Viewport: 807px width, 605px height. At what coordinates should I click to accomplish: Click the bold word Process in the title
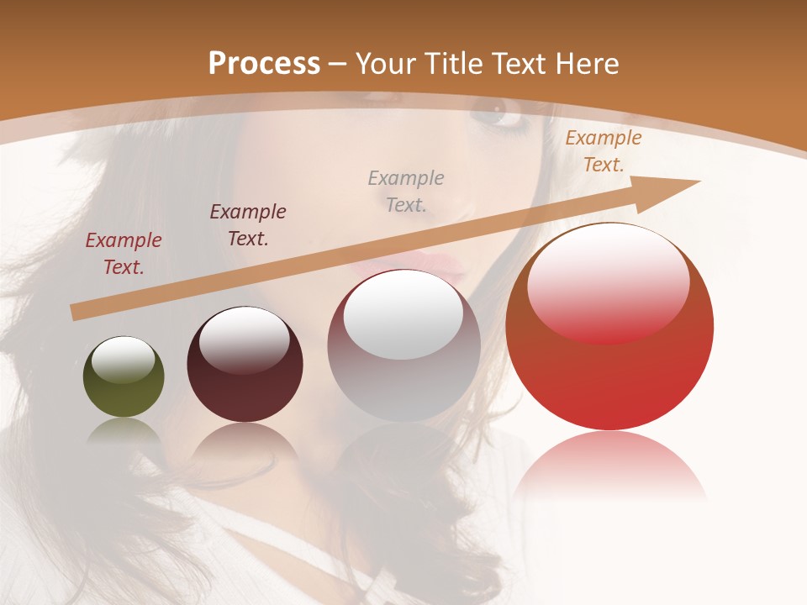(x=264, y=63)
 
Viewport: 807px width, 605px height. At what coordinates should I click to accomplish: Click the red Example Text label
(x=124, y=254)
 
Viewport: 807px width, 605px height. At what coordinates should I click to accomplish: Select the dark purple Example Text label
(x=248, y=225)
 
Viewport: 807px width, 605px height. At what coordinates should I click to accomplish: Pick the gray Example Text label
(x=406, y=192)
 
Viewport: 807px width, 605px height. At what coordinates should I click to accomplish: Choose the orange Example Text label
(x=603, y=151)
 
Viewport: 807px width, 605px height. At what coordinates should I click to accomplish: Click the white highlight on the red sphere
(x=608, y=281)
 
